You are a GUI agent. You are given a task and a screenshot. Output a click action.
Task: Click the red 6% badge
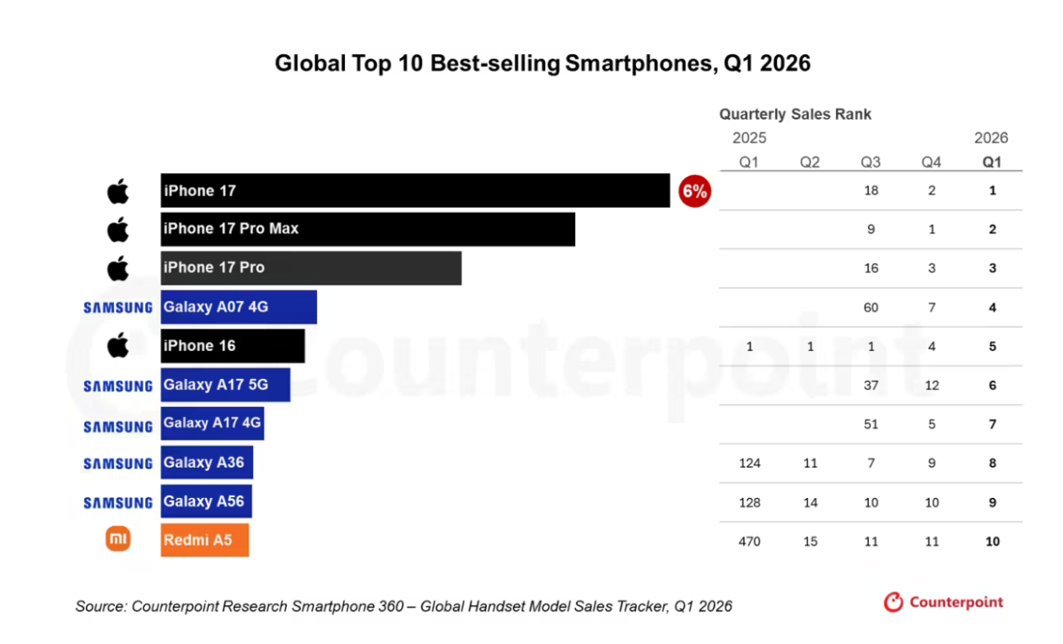[694, 192]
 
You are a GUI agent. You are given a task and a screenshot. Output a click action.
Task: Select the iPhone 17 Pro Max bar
[368, 230]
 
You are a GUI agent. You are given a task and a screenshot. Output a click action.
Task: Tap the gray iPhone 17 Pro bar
[310, 268]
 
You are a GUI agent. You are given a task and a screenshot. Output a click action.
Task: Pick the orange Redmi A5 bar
[204, 540]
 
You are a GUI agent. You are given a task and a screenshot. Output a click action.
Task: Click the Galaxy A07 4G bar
[239, 307]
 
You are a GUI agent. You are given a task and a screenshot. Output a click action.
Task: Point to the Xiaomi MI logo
[118, 538]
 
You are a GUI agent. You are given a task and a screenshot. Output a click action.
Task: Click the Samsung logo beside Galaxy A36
[118, 463]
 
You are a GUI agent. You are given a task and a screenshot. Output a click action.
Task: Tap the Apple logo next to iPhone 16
[118, 345]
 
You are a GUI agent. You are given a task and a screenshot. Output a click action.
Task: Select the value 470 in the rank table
[749, 541]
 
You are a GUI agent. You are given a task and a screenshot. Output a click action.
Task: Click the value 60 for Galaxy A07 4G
[871, 308]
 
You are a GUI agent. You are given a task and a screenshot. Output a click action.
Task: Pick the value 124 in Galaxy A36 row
[749, 463]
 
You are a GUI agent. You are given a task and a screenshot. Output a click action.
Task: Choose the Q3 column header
[871, 162]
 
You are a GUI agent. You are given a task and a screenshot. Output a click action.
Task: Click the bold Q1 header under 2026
[992, 162]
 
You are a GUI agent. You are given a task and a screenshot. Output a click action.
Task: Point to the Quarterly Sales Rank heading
[796, 115]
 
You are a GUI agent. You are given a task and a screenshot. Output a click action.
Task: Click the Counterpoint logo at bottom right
[943, 602]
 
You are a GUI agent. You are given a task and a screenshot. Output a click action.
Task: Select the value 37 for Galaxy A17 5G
[871, 385]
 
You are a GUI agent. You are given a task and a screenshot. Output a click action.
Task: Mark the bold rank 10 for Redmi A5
[992, 541]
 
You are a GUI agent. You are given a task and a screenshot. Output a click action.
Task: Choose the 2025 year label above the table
[749, 138]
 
